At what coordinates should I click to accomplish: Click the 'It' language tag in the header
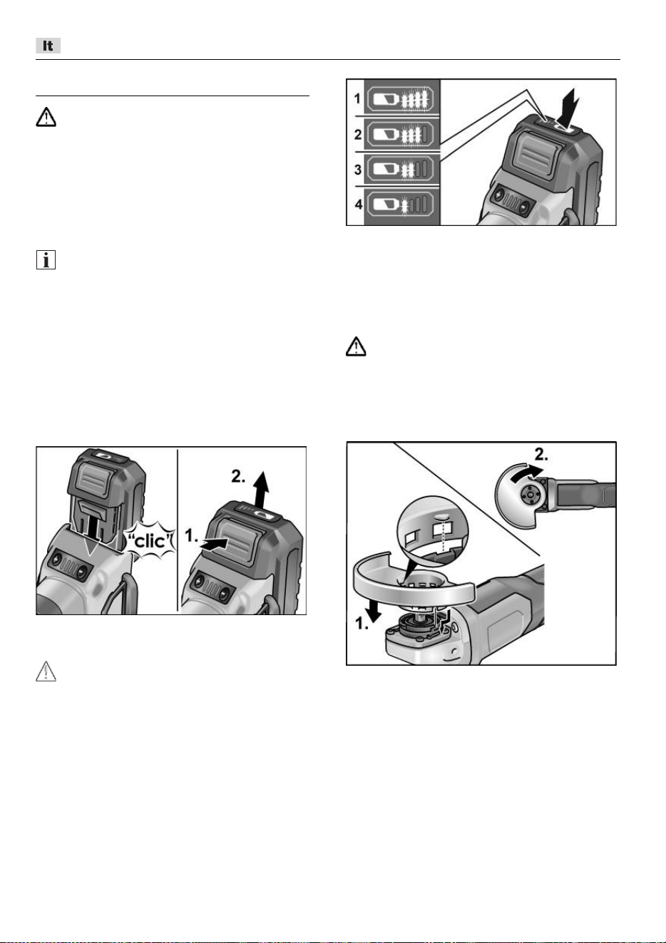(48, 46)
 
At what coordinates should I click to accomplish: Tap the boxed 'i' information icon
(46, 260)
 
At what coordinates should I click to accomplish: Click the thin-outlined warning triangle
(46, 671)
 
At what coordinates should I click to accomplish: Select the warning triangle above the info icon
(46, 117)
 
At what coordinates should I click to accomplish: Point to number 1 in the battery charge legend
(358, 98)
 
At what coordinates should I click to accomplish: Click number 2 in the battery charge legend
(358, 135)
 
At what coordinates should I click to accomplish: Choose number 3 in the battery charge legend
(358, 170)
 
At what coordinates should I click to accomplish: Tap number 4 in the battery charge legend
(358, 205)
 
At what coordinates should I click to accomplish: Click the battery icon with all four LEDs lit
(401, 99)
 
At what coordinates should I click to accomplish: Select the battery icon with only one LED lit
(401, 205)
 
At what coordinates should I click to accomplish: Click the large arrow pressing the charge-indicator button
(569, 108)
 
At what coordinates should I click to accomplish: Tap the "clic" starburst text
(150, 541)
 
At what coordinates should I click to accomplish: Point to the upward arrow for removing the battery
(262, 490)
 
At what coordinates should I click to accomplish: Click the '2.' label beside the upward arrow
(238, 477)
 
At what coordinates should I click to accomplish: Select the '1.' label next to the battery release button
(191, 536)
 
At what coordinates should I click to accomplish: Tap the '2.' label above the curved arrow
(541, 455)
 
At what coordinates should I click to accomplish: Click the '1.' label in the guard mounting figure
(362, 624)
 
